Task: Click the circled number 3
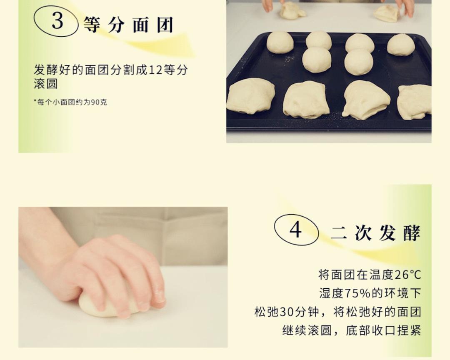coord(57,21)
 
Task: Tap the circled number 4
coord(296,230)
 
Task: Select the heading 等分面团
coord(128,25)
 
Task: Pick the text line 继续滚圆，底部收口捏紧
coord(351,330)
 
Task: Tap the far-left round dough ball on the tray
coord(280,42)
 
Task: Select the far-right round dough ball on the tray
coord(401,45)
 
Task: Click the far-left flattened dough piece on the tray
coord(250,96)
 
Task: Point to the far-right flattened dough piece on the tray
coord(414,102)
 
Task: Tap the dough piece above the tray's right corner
coord(387,13)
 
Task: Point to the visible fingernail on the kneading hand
coord(159,296)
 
